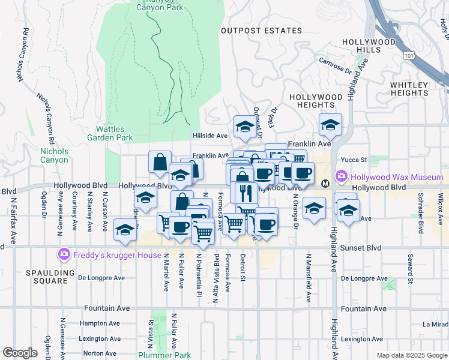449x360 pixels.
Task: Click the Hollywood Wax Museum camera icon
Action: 342,177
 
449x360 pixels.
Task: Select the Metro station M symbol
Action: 325,183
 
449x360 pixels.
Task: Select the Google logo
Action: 20,353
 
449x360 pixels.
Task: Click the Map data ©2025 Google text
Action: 411,355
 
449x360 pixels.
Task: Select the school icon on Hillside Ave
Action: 244,126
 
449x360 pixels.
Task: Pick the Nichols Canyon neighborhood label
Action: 54,156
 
